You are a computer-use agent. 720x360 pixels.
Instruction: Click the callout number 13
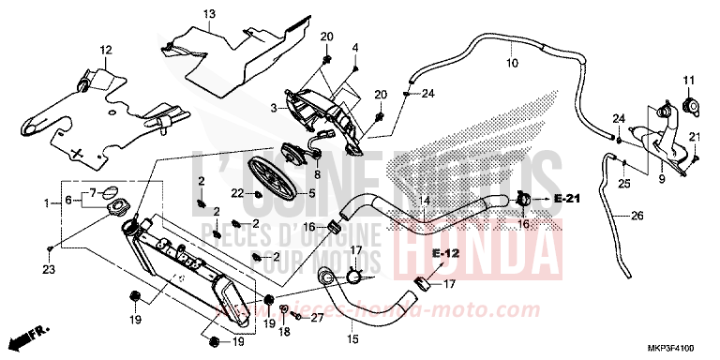pyautogui.click(x=208, y=13)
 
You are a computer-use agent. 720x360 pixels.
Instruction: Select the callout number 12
pyautogui.click(x=105, y=50)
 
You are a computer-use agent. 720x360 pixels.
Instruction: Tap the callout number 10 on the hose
pyautogui.click(x=511, y=64)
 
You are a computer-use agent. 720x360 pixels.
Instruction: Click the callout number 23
pyautogui.click(x=49, y=270)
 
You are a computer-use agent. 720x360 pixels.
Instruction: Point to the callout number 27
pyautogui.click(x=316, y=319)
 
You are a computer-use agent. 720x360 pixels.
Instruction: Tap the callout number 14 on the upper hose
pyautogui.click(x=424, y=202)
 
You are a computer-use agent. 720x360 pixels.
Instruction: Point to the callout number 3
pyautogui.click(x=274, y=109)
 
